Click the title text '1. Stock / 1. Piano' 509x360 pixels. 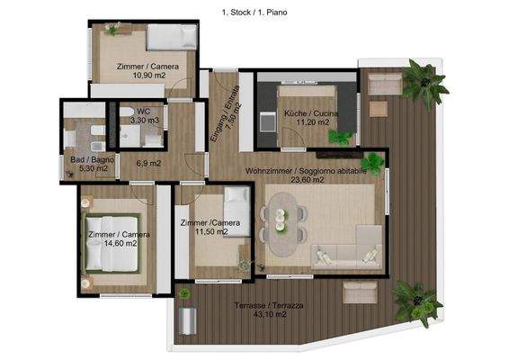(254, 13)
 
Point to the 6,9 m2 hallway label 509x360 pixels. (148, 163)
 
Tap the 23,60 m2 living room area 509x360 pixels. (307, 179)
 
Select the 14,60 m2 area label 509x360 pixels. (114, 242)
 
